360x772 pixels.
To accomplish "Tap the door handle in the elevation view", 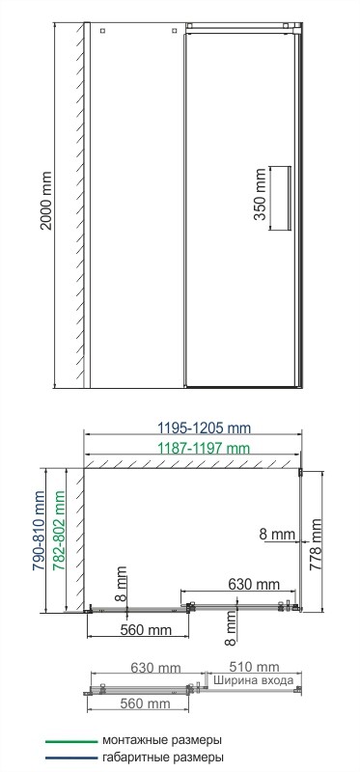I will [280, 197].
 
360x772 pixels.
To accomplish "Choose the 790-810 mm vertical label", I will [40, 537].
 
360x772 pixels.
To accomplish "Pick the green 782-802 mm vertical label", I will [61, 537].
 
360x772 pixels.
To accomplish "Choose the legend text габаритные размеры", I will [162, 758].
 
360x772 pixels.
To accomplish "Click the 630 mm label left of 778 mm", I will [254, 584].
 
